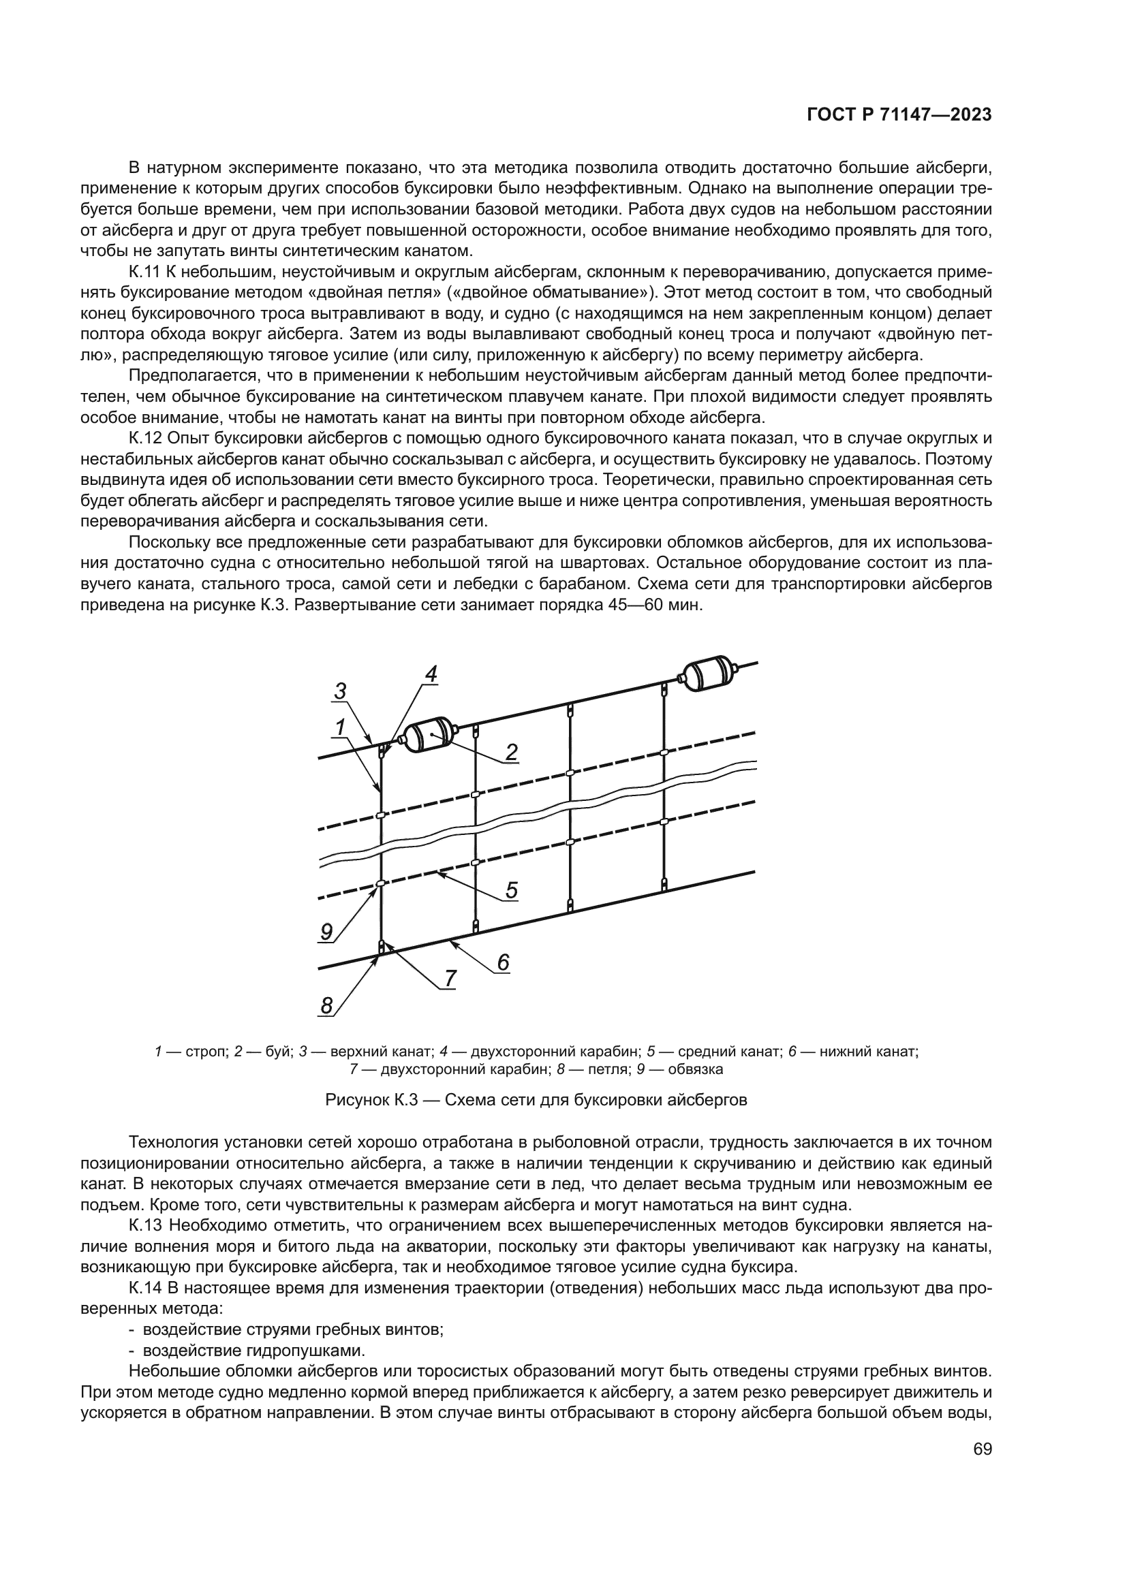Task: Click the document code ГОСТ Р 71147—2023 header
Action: [899, 115]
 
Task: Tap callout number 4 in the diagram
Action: [431, 673]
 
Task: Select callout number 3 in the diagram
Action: [340, 691]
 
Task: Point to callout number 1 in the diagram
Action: [340, 727]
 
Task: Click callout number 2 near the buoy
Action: [512, 752]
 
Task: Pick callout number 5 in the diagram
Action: [512, 890]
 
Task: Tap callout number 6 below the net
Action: [503, 962]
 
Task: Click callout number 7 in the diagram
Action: [450, 978]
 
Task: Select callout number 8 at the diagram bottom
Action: [327, 1005]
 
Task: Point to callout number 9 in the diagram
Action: [327, 932]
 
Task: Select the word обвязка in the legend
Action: [696, 1069]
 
